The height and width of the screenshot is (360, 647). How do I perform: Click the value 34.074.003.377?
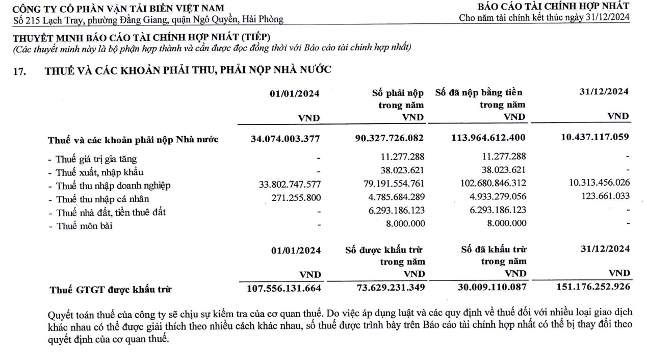pos(286,138)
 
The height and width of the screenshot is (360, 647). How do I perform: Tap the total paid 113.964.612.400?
pos(488,138)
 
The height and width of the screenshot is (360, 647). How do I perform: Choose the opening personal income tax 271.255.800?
pos(291,198)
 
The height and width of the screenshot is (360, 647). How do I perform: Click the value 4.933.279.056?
pos(493,198)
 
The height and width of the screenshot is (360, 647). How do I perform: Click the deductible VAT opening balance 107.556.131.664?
pos(283,288)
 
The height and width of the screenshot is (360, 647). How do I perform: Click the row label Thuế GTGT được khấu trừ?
pos(110,289)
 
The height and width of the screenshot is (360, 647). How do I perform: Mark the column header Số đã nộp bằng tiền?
pos(479,93)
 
